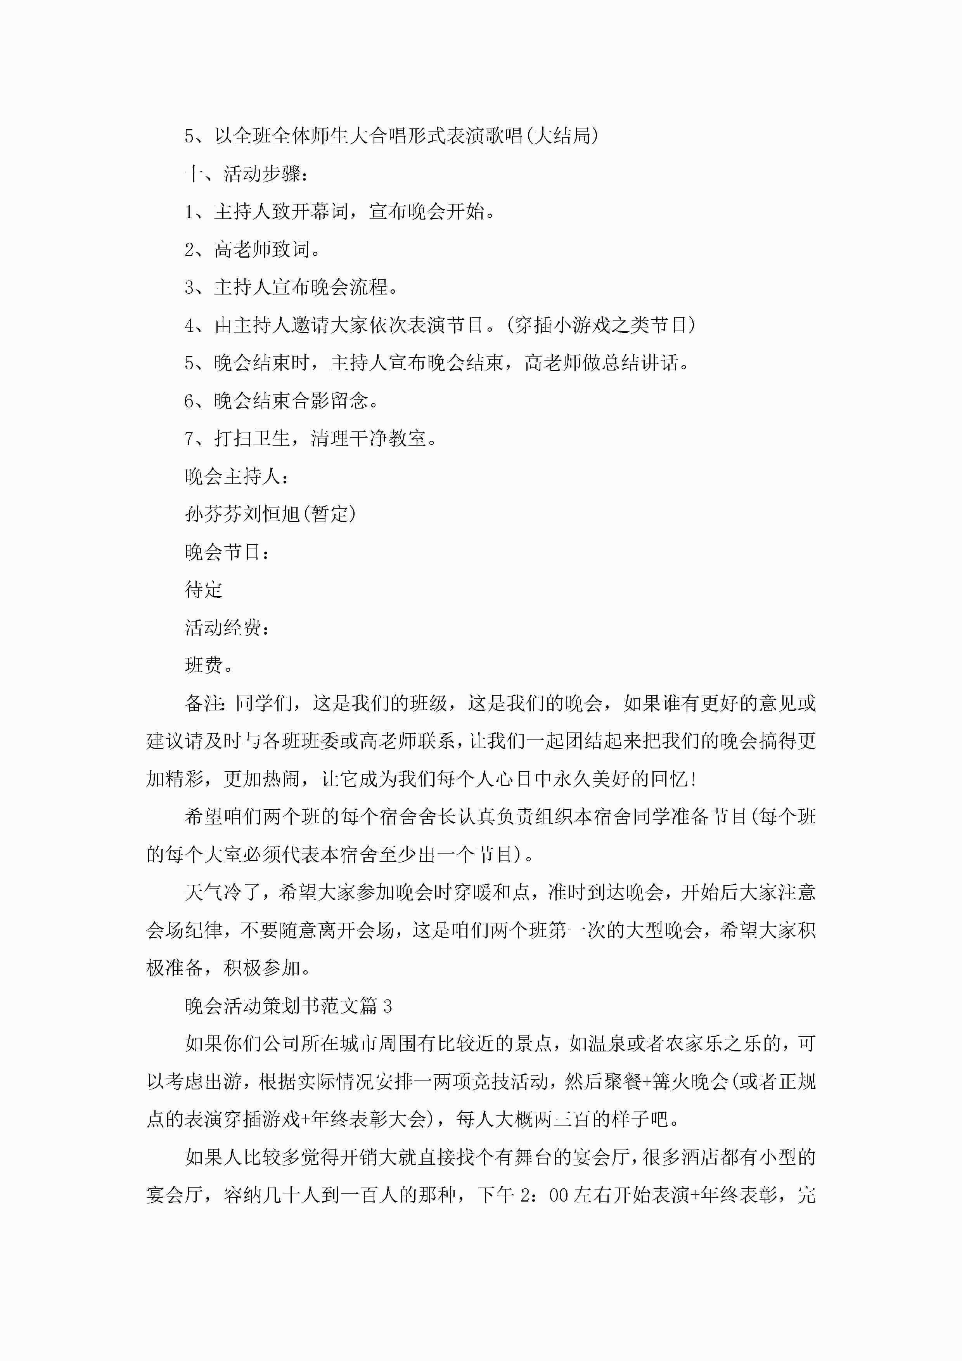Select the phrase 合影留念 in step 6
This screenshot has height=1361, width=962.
pyautogui.click(x=330, y=401)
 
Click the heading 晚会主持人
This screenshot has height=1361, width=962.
pyautogui.click(x=237, y=476)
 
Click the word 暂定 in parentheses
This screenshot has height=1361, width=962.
pyautogui.click(x=329, y=514)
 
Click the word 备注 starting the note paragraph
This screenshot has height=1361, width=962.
pyautogui.click(x=204, y=704)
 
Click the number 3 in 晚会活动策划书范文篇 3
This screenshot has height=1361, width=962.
pyautogui.click(x=387, y=1006)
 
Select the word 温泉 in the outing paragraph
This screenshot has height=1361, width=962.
pyautogui.click(x=607, y=1044)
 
